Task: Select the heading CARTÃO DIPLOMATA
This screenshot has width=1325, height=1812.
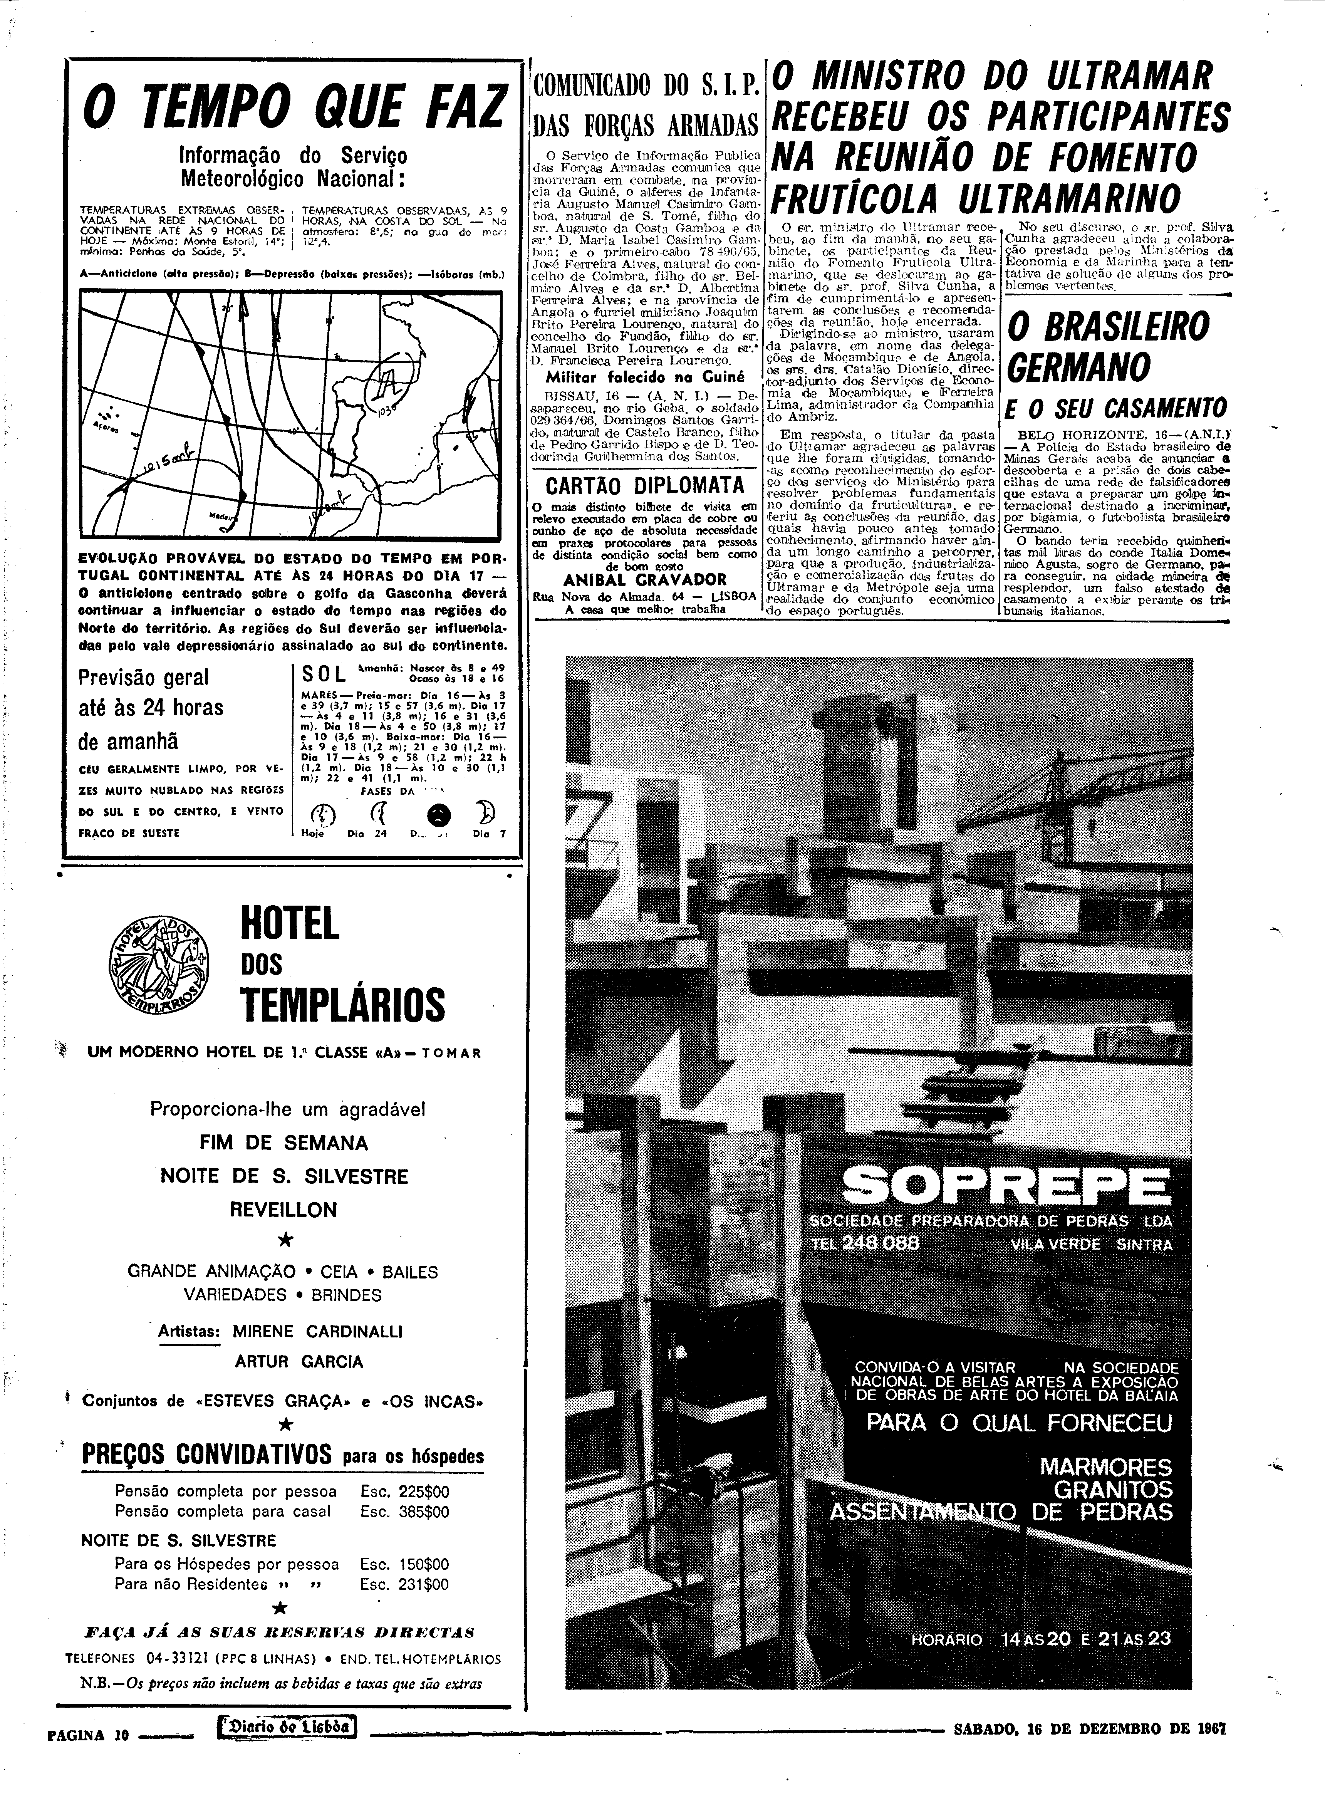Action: (x=645, y=486)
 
